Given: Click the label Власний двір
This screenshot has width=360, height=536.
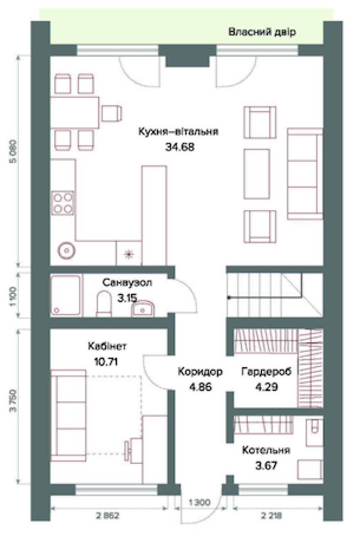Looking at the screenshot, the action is point(262,32).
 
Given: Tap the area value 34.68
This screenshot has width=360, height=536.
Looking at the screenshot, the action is point(180,147).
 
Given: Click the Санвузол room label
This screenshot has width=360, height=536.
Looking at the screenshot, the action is point(127,283).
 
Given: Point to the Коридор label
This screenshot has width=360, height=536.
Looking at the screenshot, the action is point(200,372).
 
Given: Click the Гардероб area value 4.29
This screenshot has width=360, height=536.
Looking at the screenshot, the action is point(266,387).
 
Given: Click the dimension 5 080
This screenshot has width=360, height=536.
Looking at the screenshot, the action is point(13,151).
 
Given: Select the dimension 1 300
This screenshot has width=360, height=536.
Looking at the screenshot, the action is point(199,503).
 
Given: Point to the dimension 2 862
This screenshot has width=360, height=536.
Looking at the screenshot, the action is point(107,516).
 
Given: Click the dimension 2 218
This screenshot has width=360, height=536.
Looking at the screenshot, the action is point(271,516).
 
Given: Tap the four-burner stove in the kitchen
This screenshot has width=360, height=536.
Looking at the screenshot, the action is point(63,203).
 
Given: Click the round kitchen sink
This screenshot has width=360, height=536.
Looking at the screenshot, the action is point(67,251).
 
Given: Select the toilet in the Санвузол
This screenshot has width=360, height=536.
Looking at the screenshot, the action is point(104,304).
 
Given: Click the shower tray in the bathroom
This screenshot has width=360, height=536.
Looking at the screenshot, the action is point(66,295).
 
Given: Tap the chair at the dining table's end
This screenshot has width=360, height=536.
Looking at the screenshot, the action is point(112,113).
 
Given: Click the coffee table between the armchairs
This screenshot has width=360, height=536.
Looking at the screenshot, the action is point(257,174).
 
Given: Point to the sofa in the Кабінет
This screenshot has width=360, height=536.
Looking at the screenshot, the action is point(68,415).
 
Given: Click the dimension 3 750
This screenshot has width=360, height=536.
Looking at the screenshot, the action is point(13,401).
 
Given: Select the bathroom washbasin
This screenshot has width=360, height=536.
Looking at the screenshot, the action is point(143,309).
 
